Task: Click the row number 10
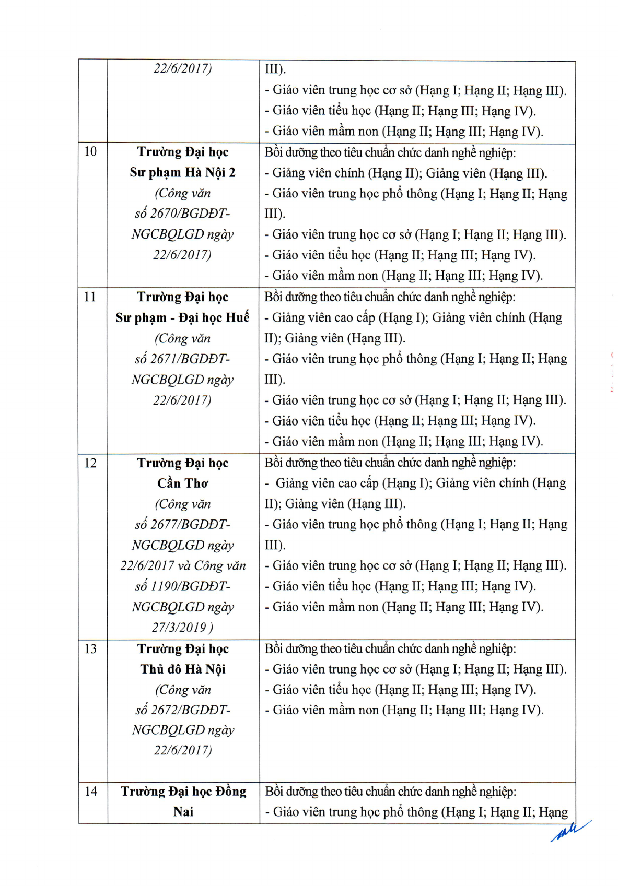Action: click(90, 152)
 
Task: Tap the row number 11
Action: click(90, 297)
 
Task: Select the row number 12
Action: click(90, 463)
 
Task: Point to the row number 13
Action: click(90, 649)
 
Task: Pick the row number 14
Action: click(91, 792)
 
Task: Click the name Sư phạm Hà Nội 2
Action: click(183, 172)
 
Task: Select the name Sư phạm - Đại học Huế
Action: click(183, 317)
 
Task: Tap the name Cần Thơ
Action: click(183, 483)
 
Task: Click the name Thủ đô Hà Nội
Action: click(183, 669)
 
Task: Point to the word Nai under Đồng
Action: click(183, 812)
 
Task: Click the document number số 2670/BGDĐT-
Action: click(183, 214)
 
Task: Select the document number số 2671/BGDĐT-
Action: click(183, 359)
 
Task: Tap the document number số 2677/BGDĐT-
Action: click(183, 524)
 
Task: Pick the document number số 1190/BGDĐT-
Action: click(183, 586)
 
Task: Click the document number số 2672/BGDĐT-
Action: click(183, 710)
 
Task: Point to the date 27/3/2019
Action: click(180, 628)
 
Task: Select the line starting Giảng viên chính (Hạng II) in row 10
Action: click(406, 173)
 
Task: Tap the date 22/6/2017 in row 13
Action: click(183, 750)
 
